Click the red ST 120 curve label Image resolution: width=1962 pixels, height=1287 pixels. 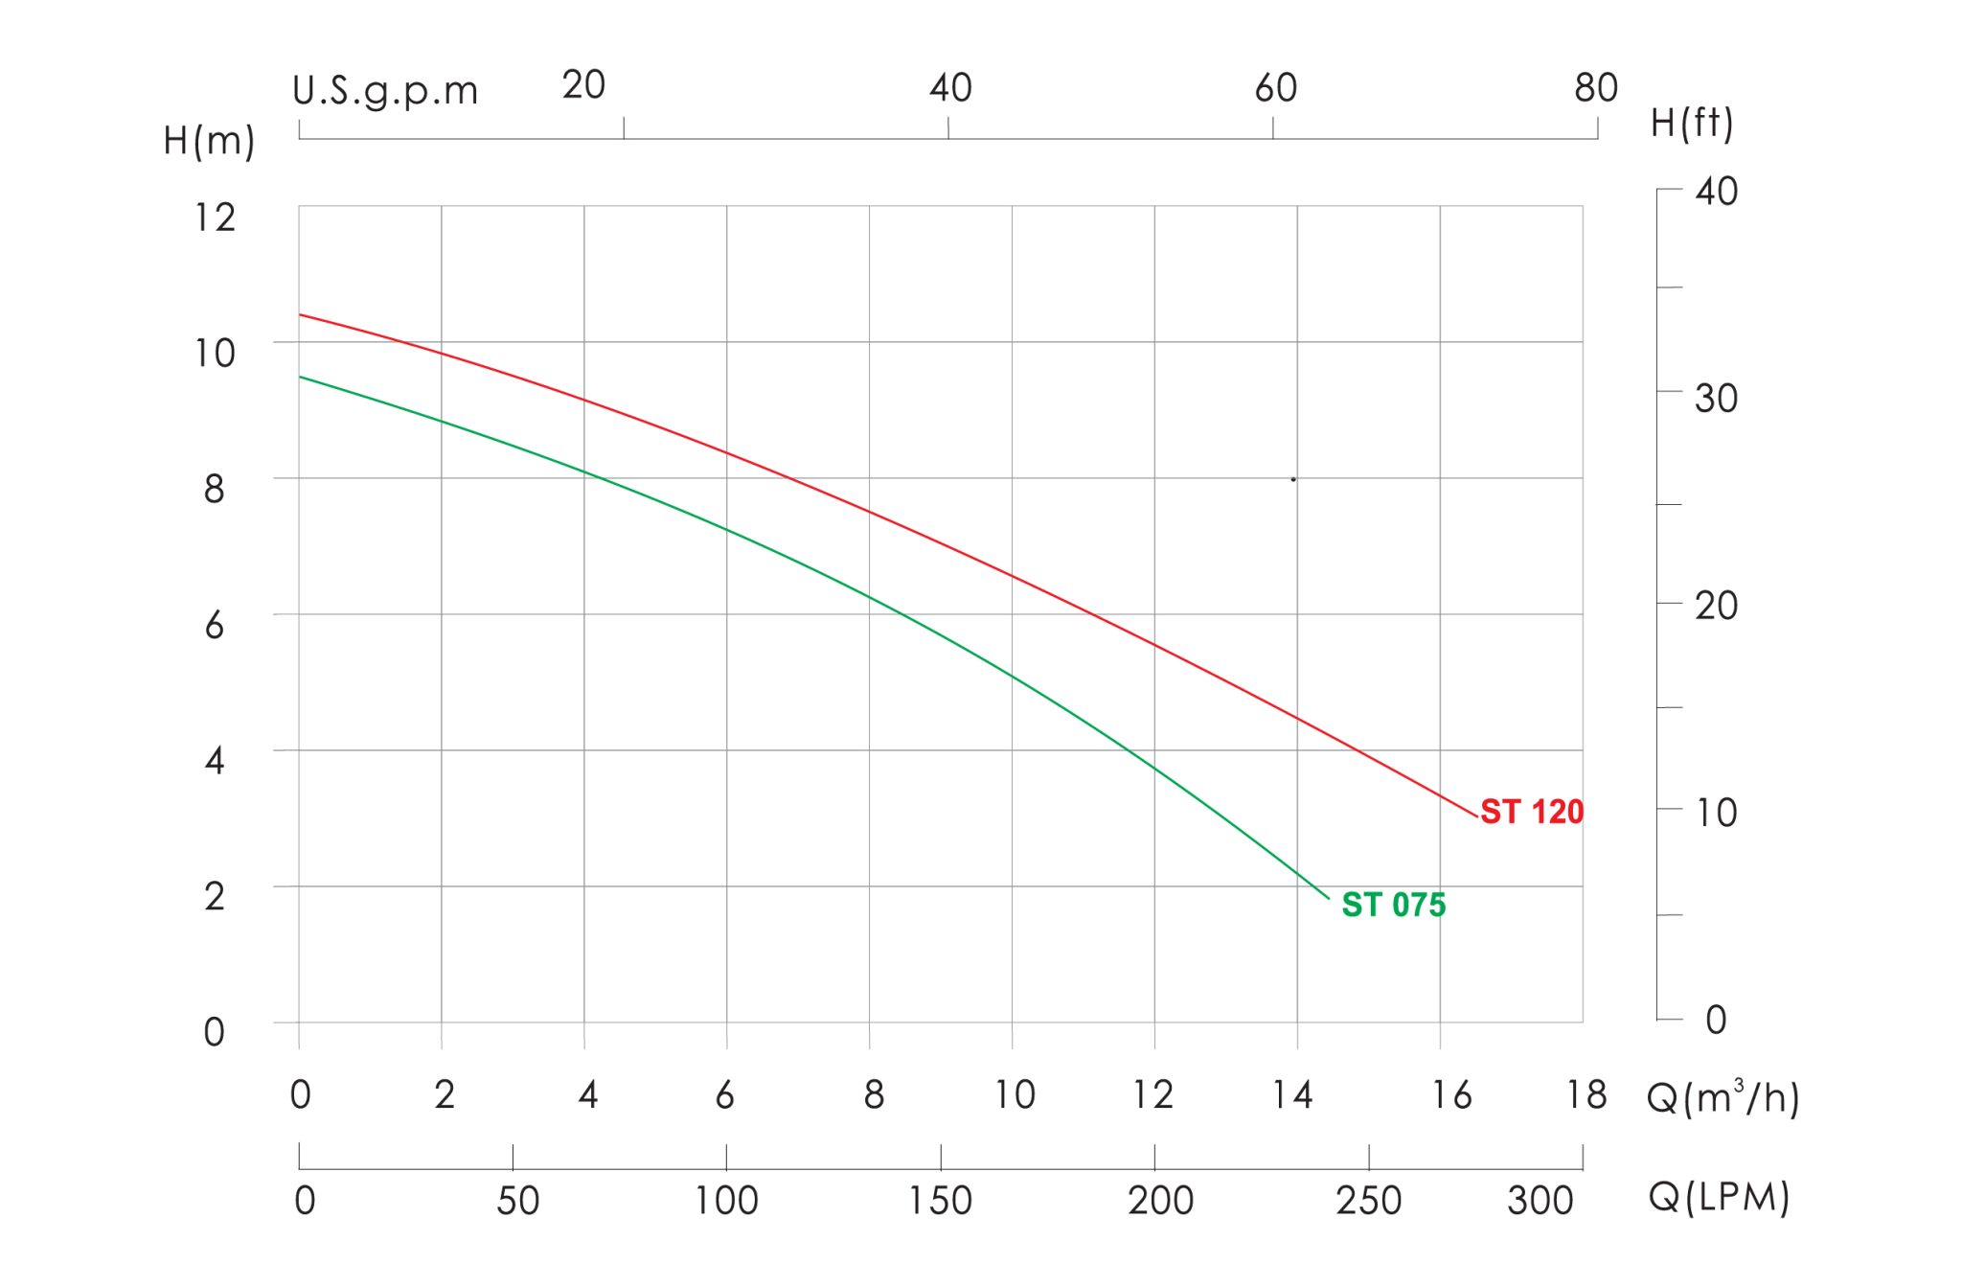point(1532,812)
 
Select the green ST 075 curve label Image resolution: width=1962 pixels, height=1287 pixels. point(1393,905)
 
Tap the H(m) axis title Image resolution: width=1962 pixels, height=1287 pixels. point(209,141)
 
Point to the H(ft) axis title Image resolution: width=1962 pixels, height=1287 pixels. point(1692,124)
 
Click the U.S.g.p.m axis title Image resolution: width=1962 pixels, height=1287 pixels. point(385,92)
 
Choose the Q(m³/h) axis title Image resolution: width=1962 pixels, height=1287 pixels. point(1722,1097)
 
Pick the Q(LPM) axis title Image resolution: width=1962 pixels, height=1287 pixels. point(1719,1198)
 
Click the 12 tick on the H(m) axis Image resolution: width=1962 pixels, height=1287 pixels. point(215,218)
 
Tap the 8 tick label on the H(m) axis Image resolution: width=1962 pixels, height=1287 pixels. point(215,489)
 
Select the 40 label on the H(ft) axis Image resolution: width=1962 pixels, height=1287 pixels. point(1716,191)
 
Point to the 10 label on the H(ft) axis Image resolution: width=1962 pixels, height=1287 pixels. point(1716,813)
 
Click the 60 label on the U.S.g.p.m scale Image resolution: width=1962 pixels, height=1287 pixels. point(1275,88)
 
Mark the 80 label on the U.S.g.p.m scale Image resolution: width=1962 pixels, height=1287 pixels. point(1595,88)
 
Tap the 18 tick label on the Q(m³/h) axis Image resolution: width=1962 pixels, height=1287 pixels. point(1586,1094)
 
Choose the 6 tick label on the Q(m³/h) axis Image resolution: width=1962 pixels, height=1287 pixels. point(725,1094)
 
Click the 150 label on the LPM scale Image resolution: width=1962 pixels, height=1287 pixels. point(940,1200)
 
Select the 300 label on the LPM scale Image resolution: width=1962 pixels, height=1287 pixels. point(1540,1200)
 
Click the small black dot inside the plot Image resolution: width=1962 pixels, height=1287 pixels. point(1292,479)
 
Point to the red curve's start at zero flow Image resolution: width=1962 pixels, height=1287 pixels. point(299,314)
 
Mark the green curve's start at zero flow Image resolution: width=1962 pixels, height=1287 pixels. point(299,377)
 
